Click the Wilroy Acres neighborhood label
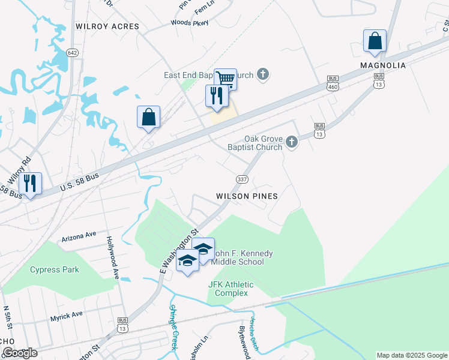pos(107,26)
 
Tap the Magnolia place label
pos(383,65)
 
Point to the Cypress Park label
pos(55,270)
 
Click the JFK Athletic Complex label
pos(231,289)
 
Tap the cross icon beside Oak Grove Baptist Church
pos(292,142)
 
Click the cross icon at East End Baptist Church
pos(262,75)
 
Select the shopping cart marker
pos(226,79)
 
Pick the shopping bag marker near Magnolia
pos(375,41)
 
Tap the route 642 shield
pos(73,53)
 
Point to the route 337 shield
pos(242,179)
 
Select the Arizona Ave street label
pos(79,235)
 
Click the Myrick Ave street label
pos(66,315)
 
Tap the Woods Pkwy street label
pos(189,23)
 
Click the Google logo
pos(20,353)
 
